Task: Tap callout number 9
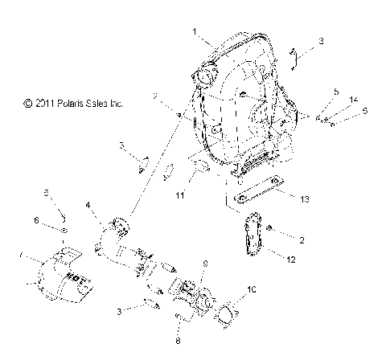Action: coord(205,263)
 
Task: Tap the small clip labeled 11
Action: coord(197,170)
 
